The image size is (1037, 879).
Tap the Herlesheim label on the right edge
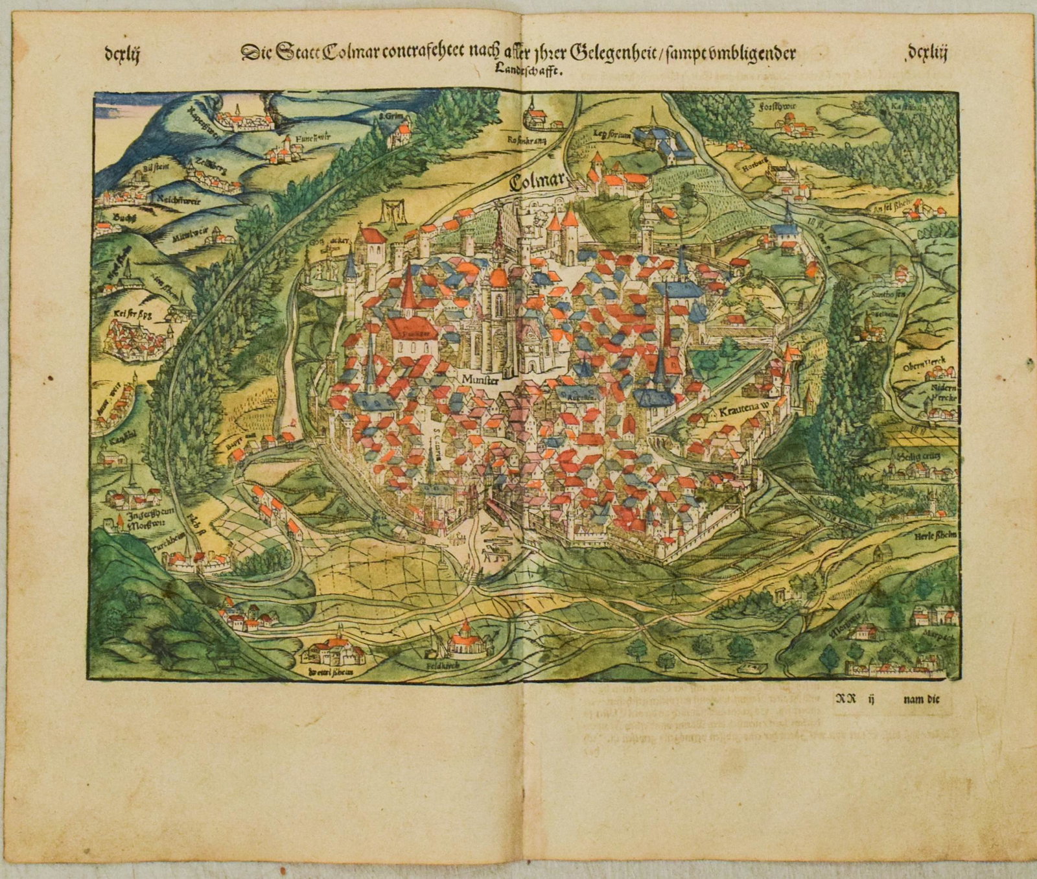[938, 535]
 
